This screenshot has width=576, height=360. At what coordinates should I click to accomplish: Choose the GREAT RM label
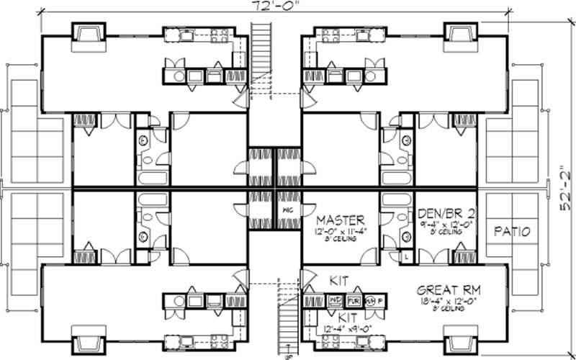tap(449, 290)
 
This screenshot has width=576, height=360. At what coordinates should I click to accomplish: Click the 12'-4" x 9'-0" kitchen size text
tap(348, 330)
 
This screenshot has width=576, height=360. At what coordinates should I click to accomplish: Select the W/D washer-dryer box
tap(335, 301)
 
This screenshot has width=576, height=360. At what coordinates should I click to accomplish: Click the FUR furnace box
tap(354, 301)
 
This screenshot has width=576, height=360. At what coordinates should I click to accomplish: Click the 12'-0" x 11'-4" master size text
tap(341, 231)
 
